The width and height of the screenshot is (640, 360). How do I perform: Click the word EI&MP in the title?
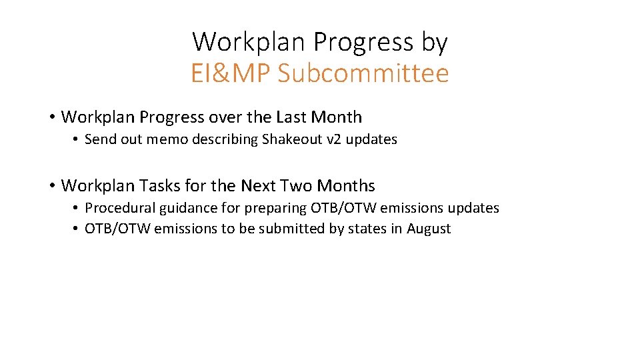pos(231,74)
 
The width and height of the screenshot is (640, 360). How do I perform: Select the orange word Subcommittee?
pos(363,74)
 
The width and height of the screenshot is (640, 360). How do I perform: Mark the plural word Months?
pos(349,185)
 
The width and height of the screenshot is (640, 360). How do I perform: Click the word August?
pos(429,229)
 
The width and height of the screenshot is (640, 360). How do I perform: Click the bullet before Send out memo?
pos(76,139)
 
